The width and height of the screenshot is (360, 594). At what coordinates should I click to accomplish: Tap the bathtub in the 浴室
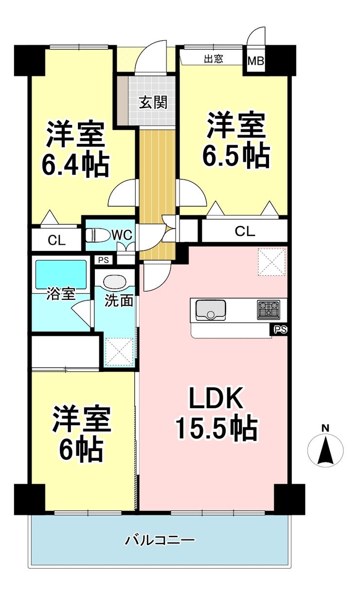point(61,275)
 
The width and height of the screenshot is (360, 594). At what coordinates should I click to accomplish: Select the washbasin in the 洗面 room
point(115,282)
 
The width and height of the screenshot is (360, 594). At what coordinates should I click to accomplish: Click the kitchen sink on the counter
point(211,310)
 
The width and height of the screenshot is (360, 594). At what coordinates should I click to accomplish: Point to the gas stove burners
point(268,310)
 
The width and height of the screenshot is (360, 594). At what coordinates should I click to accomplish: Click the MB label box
point(256,61)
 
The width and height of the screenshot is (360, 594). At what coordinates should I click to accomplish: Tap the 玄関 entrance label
point(153,102)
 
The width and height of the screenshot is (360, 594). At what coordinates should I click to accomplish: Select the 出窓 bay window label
point(214,59)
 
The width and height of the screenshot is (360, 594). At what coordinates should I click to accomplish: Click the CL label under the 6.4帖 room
point(56,241)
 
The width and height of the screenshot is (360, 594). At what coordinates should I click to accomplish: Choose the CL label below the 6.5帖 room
point(245,231)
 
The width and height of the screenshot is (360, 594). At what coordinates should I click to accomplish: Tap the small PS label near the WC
point(104,260)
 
